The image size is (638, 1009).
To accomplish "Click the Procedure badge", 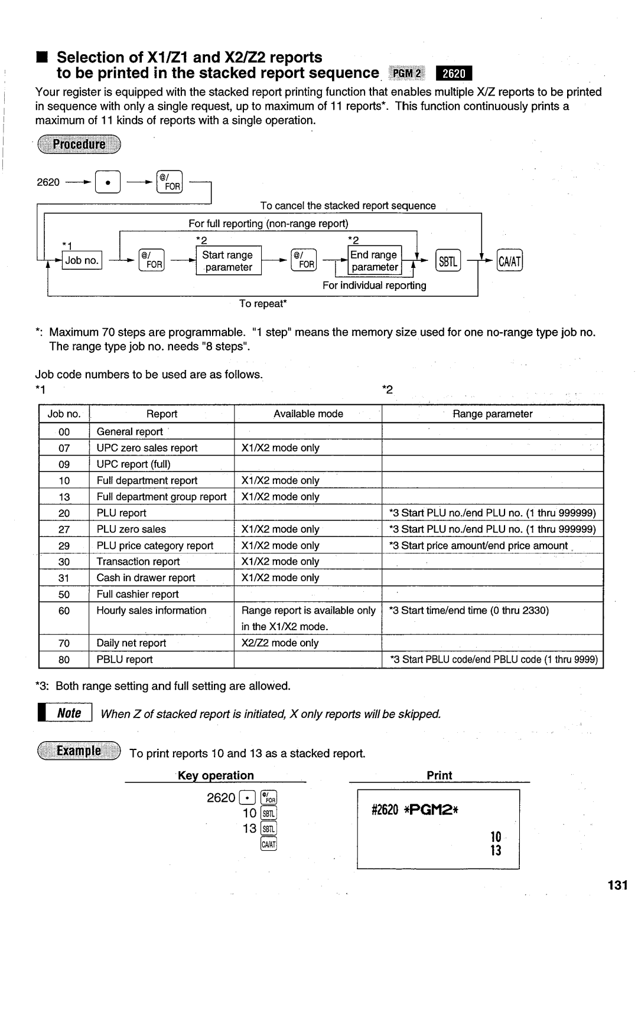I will click(x=79, y=145).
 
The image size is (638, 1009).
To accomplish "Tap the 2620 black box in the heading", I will click(x=454, y=74).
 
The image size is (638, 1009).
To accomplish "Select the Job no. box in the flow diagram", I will click(x=82, y=260).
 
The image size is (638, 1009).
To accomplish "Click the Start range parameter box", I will click(x=228, y=261).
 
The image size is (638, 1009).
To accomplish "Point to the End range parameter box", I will click(x=375, y=261).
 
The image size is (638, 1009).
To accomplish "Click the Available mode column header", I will click(x=308, y=414).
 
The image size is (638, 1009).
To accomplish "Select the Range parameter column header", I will click(x=492, y=414).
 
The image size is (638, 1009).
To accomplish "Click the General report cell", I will click(x=130, y=432).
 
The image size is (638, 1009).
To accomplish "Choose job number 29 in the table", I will click(x=64, y=546).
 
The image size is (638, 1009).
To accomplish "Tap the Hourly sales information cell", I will click(x=151, y=611).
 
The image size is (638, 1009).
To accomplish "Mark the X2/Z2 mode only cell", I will click(x=280, y=643).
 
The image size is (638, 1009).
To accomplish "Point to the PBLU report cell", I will click(x=125, y=660).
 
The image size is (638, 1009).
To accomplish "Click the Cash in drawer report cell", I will click(x=146, y=578).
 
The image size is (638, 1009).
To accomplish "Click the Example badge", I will click(x=79, y=751).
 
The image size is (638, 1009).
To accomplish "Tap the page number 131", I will click(x=616, y=885).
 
